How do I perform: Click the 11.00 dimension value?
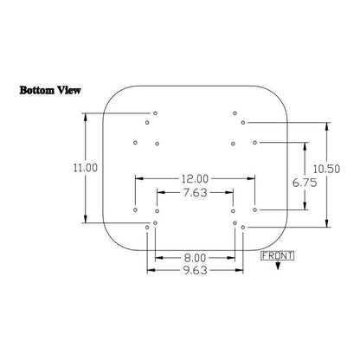(86, 168)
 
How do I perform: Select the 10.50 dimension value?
(326, 169)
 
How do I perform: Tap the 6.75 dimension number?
(305, 183)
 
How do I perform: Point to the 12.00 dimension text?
(195, 179)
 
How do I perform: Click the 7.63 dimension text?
(196, 192)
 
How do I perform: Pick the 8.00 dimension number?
(196, 258)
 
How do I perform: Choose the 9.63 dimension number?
(196, 270)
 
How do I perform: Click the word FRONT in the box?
(277, 256)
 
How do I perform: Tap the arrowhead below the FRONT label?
(278, 266)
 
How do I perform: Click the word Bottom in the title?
(37, 90)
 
